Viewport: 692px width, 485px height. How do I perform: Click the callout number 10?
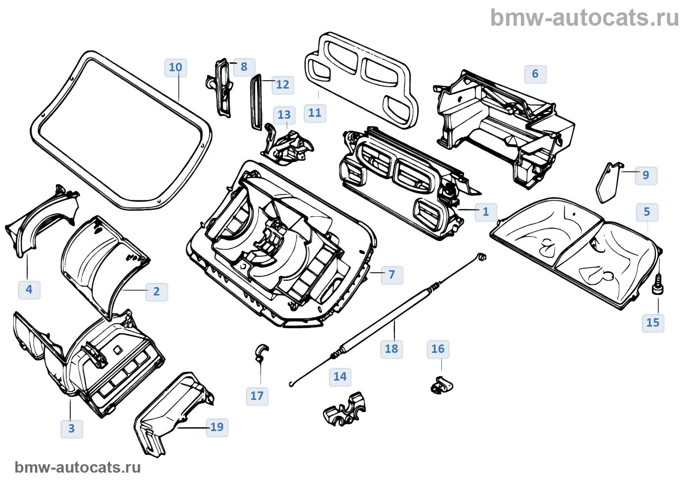175,67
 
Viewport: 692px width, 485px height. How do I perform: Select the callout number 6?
535,74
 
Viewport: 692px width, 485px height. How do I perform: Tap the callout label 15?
653,323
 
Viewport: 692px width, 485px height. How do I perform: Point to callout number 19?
217,427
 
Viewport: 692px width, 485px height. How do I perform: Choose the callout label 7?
392,275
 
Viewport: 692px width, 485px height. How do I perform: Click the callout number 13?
284,115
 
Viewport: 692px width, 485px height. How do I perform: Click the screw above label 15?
658,287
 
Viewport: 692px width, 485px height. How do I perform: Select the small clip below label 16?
441,386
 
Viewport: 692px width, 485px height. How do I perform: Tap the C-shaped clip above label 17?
261,352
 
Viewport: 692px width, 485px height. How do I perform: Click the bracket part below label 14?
345,410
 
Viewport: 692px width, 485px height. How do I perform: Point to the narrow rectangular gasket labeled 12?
256,101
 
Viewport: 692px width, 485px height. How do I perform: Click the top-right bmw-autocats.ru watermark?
585,18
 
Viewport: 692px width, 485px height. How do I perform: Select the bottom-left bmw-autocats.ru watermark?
78,467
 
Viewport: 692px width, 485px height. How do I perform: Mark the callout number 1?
486,212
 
